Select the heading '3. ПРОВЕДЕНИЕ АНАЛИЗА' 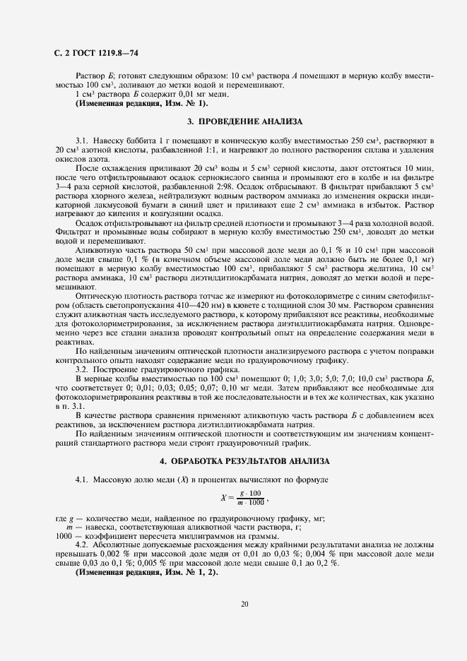233,121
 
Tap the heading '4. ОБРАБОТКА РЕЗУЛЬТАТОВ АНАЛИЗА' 233,461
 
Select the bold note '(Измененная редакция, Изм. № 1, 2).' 146,572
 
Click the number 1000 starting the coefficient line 64,535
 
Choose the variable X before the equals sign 225,496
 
